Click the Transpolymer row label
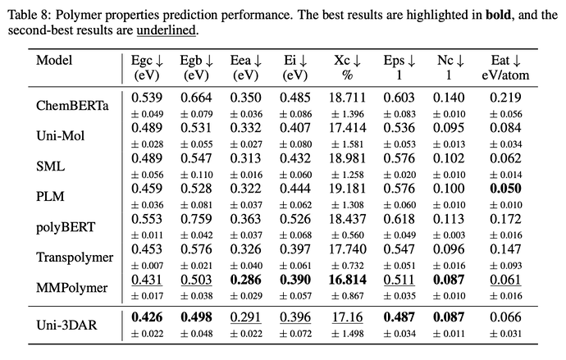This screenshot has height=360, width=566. click(75, 257)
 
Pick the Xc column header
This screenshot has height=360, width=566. click(348, 60)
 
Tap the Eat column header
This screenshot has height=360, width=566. click(506, 60)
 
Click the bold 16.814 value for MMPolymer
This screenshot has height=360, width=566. click(347, 279)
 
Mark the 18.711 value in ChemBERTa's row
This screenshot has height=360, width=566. click(347, 98)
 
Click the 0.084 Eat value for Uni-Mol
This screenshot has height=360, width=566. click(506, 128)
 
